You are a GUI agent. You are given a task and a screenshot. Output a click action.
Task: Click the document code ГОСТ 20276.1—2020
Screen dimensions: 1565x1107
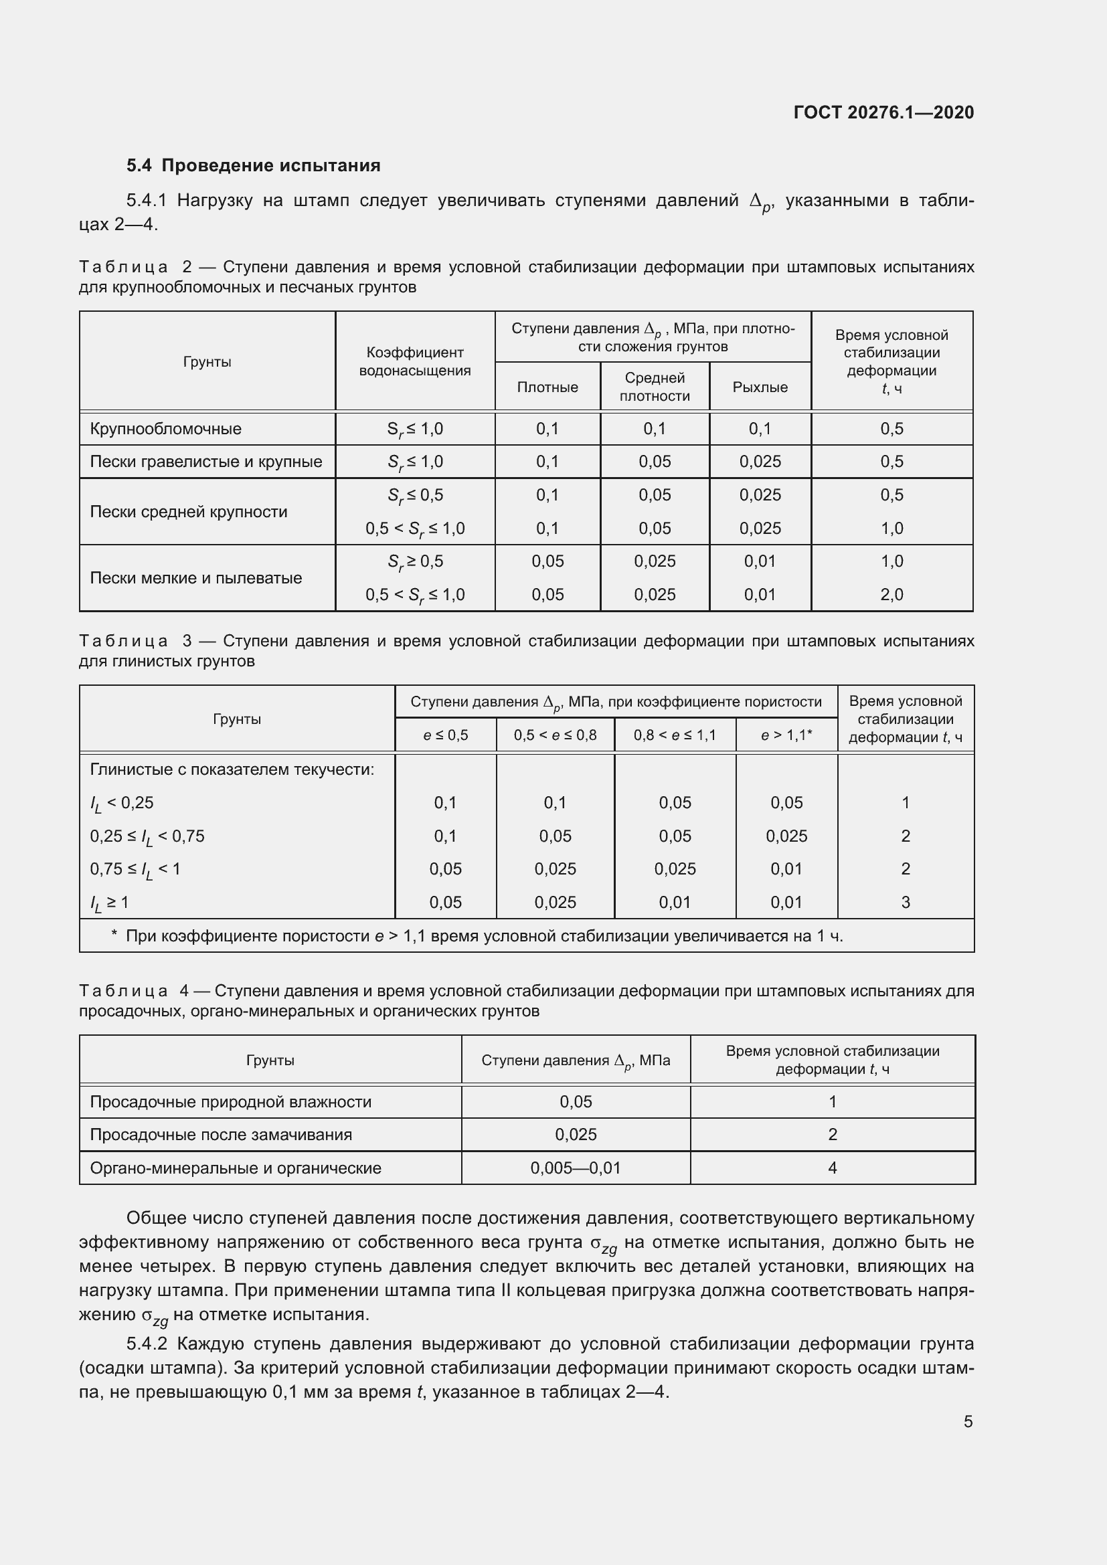point(883,112)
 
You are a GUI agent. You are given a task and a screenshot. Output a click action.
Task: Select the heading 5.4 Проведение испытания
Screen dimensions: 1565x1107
point(254,166)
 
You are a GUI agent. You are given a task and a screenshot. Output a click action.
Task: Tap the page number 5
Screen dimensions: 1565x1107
point(968,1421)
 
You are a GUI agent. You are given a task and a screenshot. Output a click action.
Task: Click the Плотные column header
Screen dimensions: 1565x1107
point(547,387)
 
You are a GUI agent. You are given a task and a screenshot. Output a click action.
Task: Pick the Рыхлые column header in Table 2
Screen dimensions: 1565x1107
point(760,387)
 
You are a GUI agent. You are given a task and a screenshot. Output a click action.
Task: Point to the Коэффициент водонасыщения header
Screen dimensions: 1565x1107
point(414,361)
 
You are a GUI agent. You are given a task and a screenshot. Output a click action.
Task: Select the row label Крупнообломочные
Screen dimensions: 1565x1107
point(165,429)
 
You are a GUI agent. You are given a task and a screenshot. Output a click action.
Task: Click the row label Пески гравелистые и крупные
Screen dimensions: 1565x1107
point(206,462)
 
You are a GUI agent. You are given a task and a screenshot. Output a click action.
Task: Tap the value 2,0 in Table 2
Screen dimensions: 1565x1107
point(891,594)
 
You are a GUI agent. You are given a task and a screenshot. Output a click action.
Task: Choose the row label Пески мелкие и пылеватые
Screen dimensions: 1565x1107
point(195,578)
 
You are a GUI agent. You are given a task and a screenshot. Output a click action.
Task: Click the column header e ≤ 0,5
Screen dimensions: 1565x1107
point(445,735)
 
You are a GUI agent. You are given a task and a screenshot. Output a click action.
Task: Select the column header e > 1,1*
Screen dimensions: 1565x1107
point(786,735)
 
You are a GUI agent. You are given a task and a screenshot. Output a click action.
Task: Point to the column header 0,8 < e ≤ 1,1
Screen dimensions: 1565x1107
point(675,735)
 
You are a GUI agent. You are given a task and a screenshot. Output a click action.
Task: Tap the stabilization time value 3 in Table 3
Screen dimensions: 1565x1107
point(906,902)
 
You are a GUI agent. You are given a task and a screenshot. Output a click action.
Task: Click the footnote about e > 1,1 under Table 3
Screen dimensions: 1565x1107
point(477,936)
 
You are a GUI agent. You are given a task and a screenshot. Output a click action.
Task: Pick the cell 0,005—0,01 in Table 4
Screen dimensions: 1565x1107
point(576,1168)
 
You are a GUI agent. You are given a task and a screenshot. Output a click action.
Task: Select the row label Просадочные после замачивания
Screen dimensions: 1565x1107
point(221,1134)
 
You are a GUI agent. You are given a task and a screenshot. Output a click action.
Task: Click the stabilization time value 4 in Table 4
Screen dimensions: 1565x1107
point(832,1168)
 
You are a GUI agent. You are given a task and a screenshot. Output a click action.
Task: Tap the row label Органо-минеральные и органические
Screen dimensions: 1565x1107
point(235,1168)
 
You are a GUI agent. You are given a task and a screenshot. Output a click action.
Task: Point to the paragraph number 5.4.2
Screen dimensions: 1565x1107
point(147,1344)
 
